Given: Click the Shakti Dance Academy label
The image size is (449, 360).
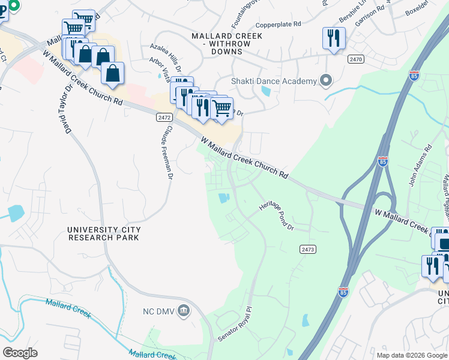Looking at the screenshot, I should pos(274,82).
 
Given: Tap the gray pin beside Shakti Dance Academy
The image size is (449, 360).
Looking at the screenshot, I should pos(326,80).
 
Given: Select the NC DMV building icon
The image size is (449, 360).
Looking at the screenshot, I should pos(184,310).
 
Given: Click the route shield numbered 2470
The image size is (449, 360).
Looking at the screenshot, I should pos(356,59).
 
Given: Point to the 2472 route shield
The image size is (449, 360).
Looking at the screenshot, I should pos(164,118).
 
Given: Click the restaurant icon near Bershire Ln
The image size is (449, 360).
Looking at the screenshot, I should pos(332,38).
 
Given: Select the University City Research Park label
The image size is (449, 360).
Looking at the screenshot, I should pos(104,233).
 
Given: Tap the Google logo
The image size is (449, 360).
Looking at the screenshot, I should pos(20,353).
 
